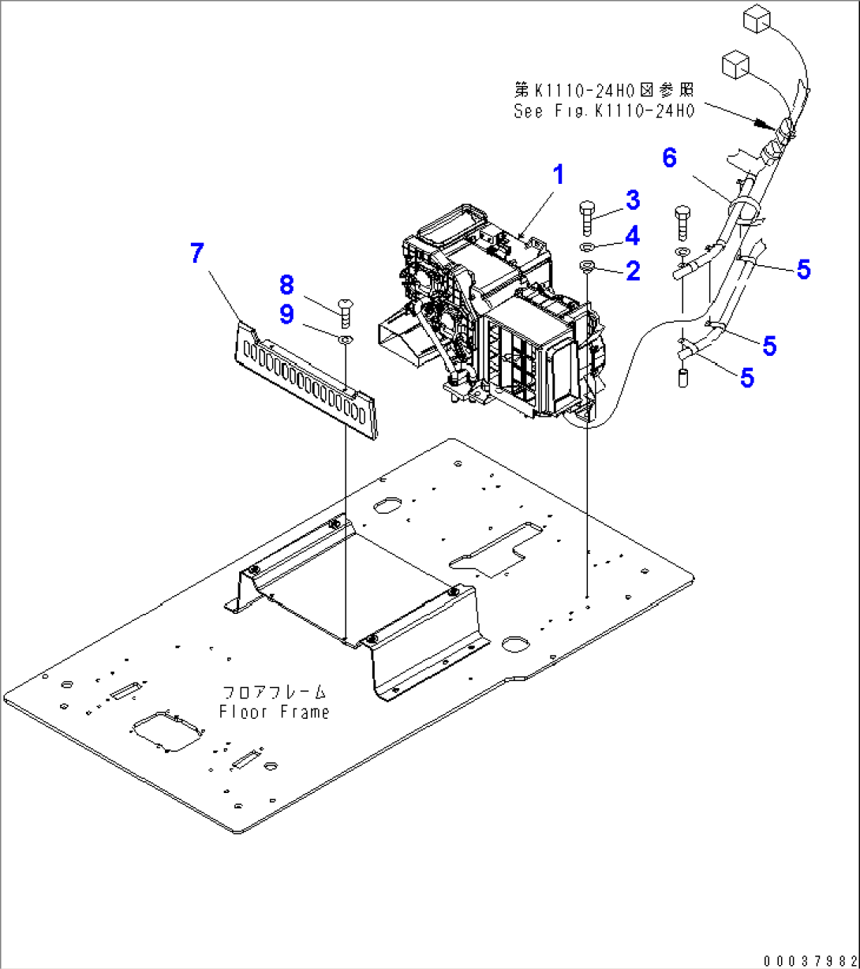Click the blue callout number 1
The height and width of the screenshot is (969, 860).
point(558,174)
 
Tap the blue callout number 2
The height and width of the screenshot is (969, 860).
point(633,271)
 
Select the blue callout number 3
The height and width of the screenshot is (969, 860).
point(633,200)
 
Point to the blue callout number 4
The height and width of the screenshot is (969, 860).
point(632,236)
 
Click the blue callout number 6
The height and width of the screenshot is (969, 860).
point(669,157)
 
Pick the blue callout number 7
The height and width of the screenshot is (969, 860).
point(197,253)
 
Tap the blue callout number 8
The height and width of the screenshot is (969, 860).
point(286,285)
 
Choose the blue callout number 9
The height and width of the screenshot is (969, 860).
point(286,315)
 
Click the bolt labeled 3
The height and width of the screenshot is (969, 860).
point(587,218)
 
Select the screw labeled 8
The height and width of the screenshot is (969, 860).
point(346,312)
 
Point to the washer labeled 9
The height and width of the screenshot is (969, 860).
point(345,340)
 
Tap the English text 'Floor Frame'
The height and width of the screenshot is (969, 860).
point(274,713)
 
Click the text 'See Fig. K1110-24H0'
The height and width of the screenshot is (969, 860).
point(604,111)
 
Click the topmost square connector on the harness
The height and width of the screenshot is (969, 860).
point(757,19)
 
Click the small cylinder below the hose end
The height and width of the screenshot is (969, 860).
point(682,378)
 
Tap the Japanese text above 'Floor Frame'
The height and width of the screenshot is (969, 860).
point(274,692)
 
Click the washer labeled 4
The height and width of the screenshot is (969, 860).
point(587,247)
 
